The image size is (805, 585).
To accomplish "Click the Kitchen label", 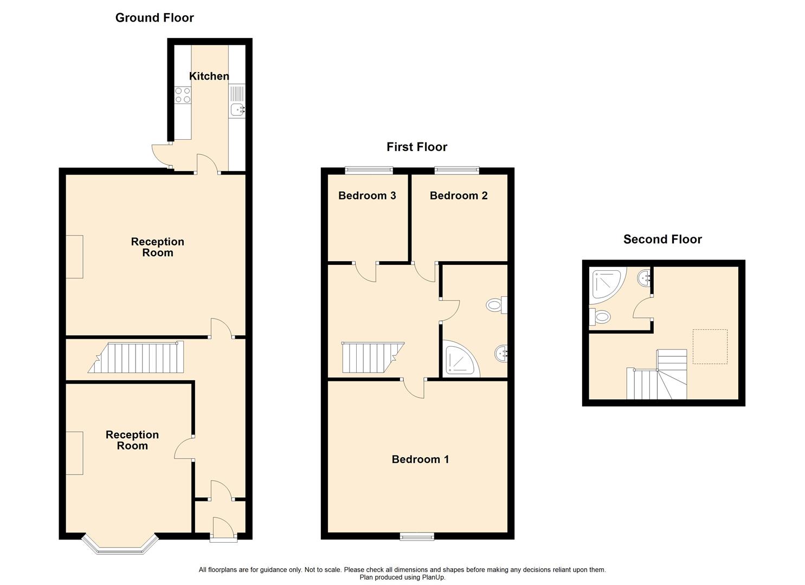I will [x=209, y=76].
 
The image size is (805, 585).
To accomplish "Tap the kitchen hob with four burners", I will [x=183, y=95].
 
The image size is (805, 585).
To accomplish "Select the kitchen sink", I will [x=237, y=110].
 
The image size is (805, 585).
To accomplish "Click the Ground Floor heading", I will [x=154, y=18].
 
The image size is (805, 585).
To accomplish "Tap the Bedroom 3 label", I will [x=367, y=196].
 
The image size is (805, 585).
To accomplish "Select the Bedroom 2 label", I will [x=459, y=196].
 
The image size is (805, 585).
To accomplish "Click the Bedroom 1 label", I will [x=420, y=459].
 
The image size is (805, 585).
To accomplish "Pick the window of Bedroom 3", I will [x=369, y=170].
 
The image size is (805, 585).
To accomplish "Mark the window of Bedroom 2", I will [x=457, y=170].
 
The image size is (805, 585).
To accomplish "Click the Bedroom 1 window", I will [x=417, y=536].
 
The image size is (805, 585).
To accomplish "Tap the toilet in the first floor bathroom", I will [x=496, y=305].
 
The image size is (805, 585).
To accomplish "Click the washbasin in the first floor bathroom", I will [x=501, y=354].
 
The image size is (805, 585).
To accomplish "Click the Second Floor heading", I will [x=662, y=239].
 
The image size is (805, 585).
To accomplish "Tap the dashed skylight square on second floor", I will [x=710, y=347].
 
